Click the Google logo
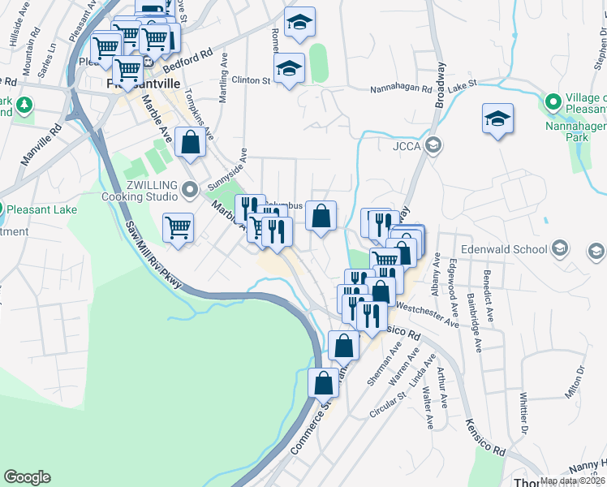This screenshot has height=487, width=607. point(27,477)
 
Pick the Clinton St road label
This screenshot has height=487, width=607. point(251,80)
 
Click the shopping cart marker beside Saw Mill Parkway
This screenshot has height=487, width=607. point(178,227)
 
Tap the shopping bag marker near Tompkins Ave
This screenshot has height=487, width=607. point(189,143)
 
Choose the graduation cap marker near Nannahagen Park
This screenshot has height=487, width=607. point(497,119)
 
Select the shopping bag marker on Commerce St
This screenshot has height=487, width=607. point(323,381)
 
